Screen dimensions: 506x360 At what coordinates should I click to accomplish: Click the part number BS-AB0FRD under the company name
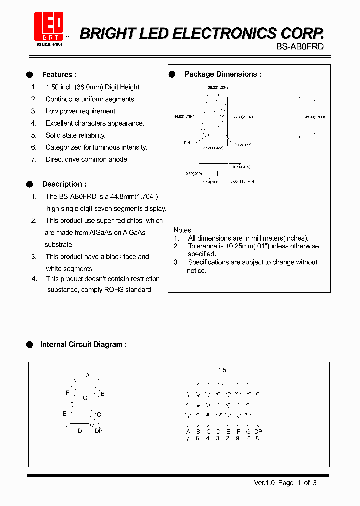tap(300, 46)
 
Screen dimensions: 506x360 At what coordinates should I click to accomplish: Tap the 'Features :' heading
tap(59, 75)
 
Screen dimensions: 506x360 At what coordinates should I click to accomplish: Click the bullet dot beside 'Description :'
tap(29, 184)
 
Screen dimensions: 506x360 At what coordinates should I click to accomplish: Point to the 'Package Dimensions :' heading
tap(223, 74)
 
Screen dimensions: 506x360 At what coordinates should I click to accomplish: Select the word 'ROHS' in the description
tap(116, 290)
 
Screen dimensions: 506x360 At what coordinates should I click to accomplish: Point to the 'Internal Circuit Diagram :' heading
tap(83, 344)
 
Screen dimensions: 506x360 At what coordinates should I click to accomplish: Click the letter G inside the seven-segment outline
tap(85, 398)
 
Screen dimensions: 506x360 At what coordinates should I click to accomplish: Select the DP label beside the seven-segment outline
tap(98, 430)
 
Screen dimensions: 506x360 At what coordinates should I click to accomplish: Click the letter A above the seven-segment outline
tap(88, 375)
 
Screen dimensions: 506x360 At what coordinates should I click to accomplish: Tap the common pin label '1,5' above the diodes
tap(222, 370)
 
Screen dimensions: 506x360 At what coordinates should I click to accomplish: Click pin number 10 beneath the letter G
tap(247, 438)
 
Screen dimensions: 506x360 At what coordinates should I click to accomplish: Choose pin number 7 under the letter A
tap(188, 438)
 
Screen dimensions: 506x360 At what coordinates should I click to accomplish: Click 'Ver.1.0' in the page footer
tap(265, 483)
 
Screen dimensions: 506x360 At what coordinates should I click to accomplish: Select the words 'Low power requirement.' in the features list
tap(81, 111)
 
